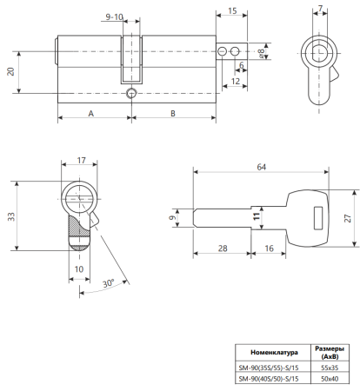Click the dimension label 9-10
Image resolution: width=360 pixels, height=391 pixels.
pos(114,17)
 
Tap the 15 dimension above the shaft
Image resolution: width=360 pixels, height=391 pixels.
pos(232,10)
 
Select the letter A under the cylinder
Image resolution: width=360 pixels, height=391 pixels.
pos(91,114)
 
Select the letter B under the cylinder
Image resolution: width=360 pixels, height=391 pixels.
pos(173,114)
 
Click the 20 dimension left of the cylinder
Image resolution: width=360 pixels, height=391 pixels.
pos(10,71)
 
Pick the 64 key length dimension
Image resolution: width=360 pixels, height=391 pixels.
pos(261,167)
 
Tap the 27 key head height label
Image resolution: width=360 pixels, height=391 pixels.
pos(348,218)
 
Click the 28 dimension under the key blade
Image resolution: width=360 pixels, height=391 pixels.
pos(223,249)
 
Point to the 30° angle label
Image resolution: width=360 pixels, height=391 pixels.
pos(109,283)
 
